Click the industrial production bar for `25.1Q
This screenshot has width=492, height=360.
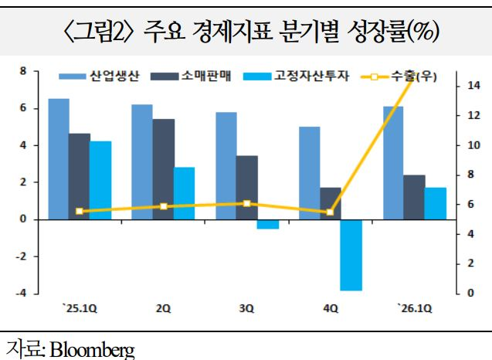pyautogui.click(x=59, y=159)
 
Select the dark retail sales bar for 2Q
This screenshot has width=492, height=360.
pyautogui.click(x=163, y=169)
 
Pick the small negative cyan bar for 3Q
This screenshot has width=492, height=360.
pyautogui.click(x=267, y=224)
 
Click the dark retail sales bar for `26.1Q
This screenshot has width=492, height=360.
pyautogui.click(x=413, y=197)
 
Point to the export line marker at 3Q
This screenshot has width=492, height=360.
pyautogui.click(x=246, y=203)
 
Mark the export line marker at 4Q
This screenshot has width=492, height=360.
pyautogui.click(x=330, y=212)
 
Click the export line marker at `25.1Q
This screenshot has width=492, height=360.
pyautogui.click(x=79, y=211)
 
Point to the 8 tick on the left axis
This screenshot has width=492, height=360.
pyautogui.click(x=23, y=71)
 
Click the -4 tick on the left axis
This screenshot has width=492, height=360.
pyautogui.click(x=21, y=293)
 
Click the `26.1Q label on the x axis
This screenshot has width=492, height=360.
pyautogui.click(x=413, y=308)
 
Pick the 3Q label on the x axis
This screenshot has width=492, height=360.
pyautogui.click(x=246, y=308)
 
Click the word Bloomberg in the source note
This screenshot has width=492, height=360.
pyautogui.click(x=92, y=348)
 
